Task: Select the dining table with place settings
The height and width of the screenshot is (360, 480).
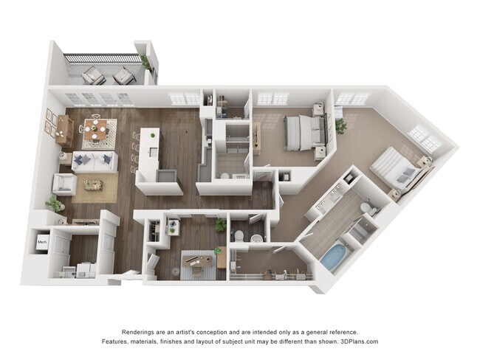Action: coord(95,130)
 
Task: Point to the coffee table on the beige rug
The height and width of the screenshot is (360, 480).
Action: coord(93,184)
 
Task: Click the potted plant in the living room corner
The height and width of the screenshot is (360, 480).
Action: coord(54,203)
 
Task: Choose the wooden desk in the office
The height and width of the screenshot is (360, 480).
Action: coord(197,260)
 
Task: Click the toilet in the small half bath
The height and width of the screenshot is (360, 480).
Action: coord(238,236)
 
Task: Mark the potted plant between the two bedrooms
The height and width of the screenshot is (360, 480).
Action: coord(340,125)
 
